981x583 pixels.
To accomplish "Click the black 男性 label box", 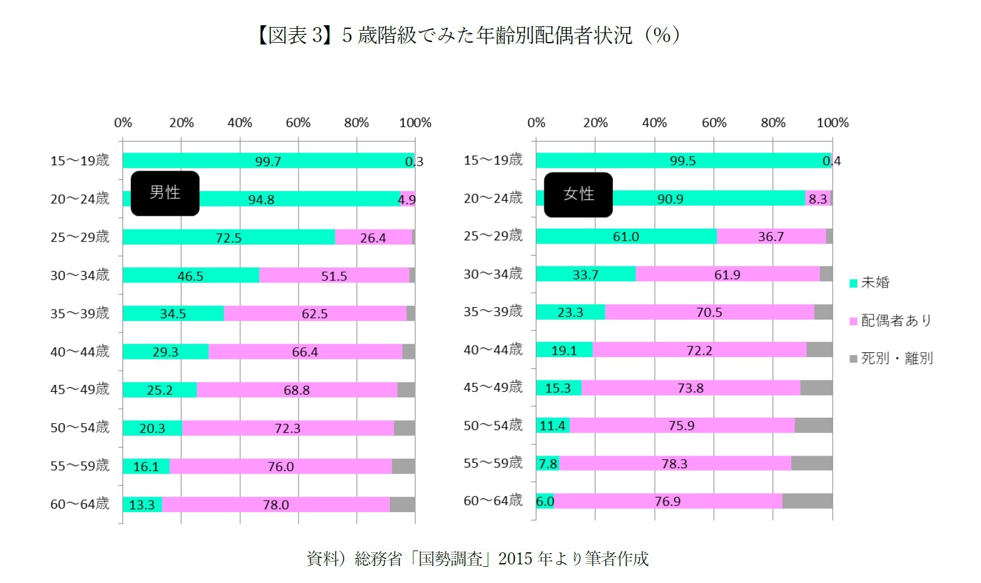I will pos(165,193).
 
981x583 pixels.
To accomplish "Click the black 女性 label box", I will pos(578,194).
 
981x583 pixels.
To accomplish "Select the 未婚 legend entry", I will pos(869,282).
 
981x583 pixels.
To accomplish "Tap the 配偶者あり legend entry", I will pos(890,320).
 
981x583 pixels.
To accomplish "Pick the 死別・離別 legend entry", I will pos(891,358).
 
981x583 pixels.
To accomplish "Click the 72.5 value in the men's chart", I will pos(228,238).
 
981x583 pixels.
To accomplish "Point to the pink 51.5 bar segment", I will pos(334,276).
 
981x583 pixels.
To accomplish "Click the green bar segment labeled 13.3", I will pos(142,505).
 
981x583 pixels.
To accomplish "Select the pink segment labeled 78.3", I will pos(674,463).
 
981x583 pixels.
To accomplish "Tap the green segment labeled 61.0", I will pos(625,237).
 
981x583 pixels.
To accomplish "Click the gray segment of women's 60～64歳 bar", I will pos(807,501).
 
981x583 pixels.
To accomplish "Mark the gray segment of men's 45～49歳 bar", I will pos(406,390).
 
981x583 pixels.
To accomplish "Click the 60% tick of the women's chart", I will pos(714,123).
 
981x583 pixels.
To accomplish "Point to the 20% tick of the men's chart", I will pos(181,123).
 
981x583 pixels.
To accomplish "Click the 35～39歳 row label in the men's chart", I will pos(80,313).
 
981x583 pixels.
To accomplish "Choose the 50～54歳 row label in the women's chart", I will pos(493,426).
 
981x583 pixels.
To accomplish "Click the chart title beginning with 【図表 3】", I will pos(468,35).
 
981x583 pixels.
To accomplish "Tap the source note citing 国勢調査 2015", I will pos(478,558).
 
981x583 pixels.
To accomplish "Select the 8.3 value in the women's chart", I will pos(817,199).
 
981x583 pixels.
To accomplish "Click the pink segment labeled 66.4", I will pos(305,352).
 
